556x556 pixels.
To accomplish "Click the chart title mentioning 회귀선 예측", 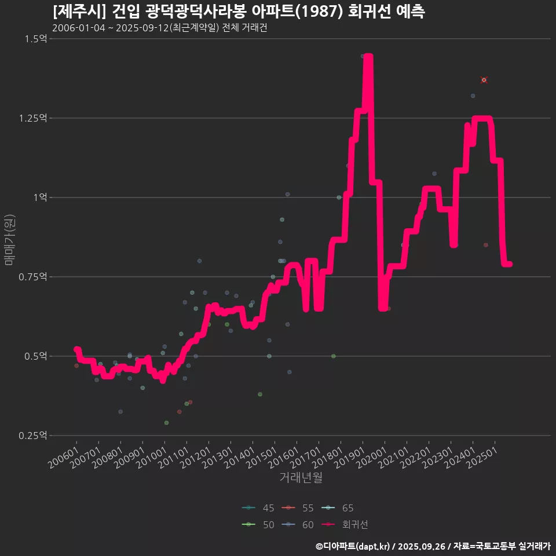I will click(239, 12).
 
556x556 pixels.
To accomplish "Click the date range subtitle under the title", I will click(159, 28).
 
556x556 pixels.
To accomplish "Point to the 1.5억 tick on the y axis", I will click(36, 39).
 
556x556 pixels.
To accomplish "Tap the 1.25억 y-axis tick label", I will click(34, 118).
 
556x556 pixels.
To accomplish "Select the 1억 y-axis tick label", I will click(39, 197).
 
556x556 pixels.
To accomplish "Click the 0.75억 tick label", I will click(34, 277).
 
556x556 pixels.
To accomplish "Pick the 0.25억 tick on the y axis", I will click(34, 436).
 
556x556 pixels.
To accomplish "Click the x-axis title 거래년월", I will click(301, 477).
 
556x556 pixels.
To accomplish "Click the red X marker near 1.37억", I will click(484, 80).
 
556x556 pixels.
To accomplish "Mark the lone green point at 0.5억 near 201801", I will click(333, 356).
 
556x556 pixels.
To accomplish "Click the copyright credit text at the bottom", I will click(433, 546).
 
